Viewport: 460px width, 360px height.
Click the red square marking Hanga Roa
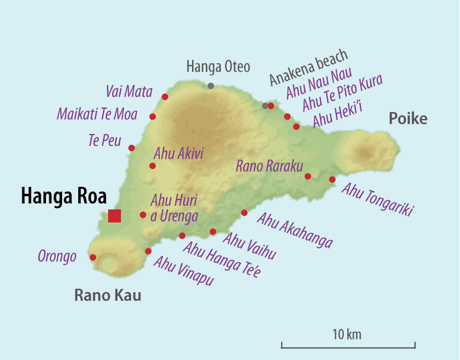coord(114,216)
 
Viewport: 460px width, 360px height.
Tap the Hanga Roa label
coord(64,196)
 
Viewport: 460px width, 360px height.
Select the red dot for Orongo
coord(93,258)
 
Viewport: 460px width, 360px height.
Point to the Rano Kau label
coord(108,296)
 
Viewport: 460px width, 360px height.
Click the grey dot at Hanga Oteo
coord(211,86)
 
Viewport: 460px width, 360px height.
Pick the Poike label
coord(408,119)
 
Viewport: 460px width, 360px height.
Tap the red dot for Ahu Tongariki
coord(332,179)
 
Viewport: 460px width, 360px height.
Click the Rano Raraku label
coord(269,166)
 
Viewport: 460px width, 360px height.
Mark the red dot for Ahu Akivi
coord(152,166)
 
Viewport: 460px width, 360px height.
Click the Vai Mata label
coord(129,91)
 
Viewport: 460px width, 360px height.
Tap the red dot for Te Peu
coord(132,148)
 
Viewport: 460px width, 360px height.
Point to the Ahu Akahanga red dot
coord(244,213)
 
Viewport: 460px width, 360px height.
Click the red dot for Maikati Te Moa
coord(153,117)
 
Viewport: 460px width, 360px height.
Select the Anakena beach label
coord(309,67)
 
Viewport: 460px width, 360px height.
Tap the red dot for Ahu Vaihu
coord(213,232)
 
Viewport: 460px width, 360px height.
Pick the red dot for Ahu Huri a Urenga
coord(143,215)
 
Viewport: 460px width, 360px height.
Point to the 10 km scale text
coord(347,334)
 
